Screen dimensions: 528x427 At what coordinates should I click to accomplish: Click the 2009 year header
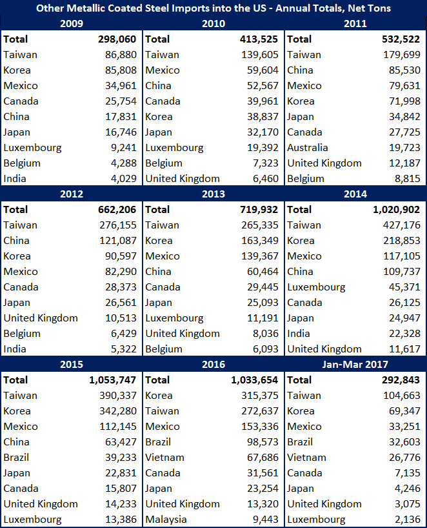(x=71, y=24)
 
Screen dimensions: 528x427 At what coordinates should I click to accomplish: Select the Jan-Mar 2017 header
(x=355, y=365)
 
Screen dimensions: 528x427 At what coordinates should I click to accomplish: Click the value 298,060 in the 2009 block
(x=115, y=39)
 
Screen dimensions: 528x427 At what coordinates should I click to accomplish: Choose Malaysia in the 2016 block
(x=166, y=520)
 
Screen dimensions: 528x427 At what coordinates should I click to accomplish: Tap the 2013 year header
(x=213, y=194)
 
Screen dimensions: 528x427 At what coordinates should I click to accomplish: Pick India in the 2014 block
(x=299, y=334)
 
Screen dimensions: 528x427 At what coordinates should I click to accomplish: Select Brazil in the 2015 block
(x=17, y=458)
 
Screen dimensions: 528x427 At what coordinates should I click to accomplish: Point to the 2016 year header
(x=213, y=365)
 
